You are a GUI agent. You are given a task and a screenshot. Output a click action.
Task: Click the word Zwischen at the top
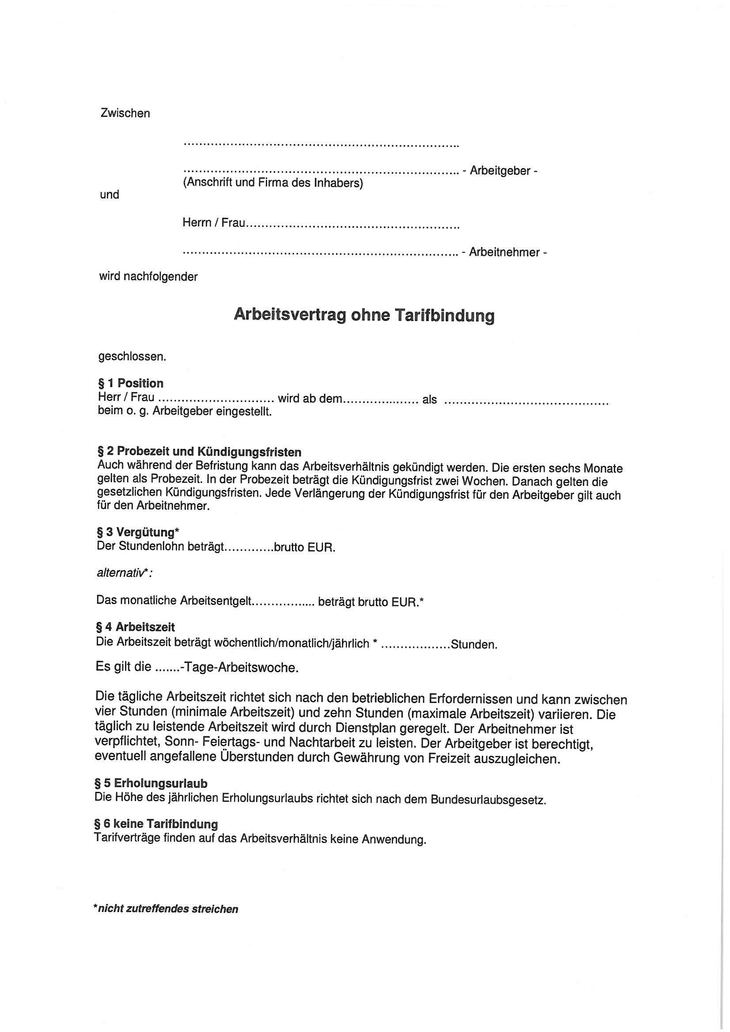[x=125, y=113]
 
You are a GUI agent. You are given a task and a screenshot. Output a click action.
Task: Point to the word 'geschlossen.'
[x=132, y=357]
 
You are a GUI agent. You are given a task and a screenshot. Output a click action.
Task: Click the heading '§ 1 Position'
[x=130, y=384]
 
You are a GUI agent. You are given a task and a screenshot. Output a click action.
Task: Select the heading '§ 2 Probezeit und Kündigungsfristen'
[x=199, y=452]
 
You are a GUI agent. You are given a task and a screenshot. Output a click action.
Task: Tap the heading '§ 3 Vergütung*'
[x=138, y=533]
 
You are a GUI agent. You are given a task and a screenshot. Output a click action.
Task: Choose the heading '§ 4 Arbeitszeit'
[x=136, y=627]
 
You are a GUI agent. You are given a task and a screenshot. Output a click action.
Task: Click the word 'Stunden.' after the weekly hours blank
[x=473, y=645]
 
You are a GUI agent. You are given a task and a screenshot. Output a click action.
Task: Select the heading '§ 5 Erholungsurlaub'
[x=151, y=783]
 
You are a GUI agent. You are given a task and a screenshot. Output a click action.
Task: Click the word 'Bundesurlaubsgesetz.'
[x=488, y=800]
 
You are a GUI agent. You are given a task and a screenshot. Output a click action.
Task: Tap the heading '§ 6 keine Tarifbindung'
[x=156, y=824]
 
